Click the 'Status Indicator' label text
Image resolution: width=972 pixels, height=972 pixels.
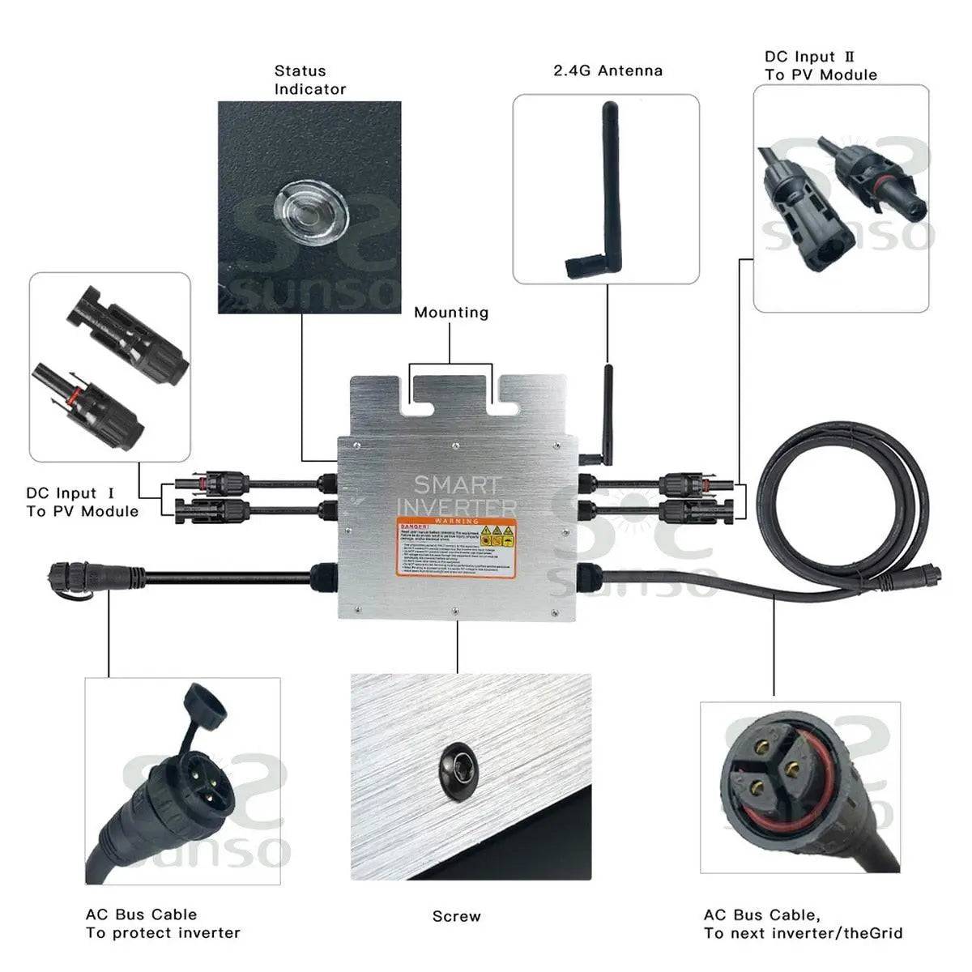(x=309, y=80)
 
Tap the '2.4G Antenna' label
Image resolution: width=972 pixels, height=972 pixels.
(x=607, y=70)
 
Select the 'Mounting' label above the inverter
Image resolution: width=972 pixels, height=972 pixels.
(x=451, y=313)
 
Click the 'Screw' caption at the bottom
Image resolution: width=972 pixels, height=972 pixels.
(x=456, y=916)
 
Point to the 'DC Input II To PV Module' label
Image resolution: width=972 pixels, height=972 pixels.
(x=821, y=66)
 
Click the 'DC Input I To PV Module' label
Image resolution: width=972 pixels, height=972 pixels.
(x=82, y=502)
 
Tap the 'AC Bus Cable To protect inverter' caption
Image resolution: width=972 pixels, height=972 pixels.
(x=163, y=923)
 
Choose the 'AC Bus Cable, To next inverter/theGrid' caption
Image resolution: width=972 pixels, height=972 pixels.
(x=802, y=923)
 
